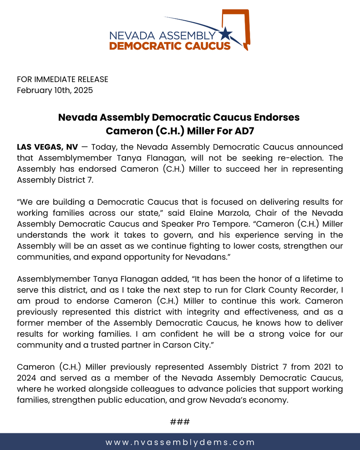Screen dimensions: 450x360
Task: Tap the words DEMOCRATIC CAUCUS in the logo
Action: (169, 46)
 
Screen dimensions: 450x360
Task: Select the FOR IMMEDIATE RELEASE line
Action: (62, 79)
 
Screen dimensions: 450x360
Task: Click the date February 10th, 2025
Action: (55, 90)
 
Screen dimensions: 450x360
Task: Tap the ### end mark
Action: (180, 422)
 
